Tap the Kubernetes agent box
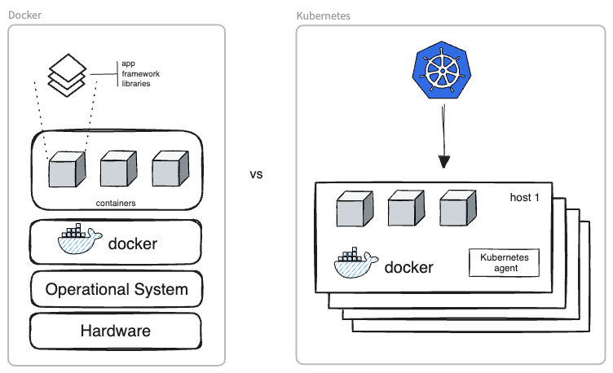(504, 262)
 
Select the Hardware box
(115, 331)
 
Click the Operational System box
(115, 289)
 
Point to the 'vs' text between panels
(256, 174)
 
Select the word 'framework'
(140, 74)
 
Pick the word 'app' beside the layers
(128, 64)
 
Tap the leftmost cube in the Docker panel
(66, 169)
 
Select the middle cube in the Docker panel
(118, 169)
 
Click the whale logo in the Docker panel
(80, 241)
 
